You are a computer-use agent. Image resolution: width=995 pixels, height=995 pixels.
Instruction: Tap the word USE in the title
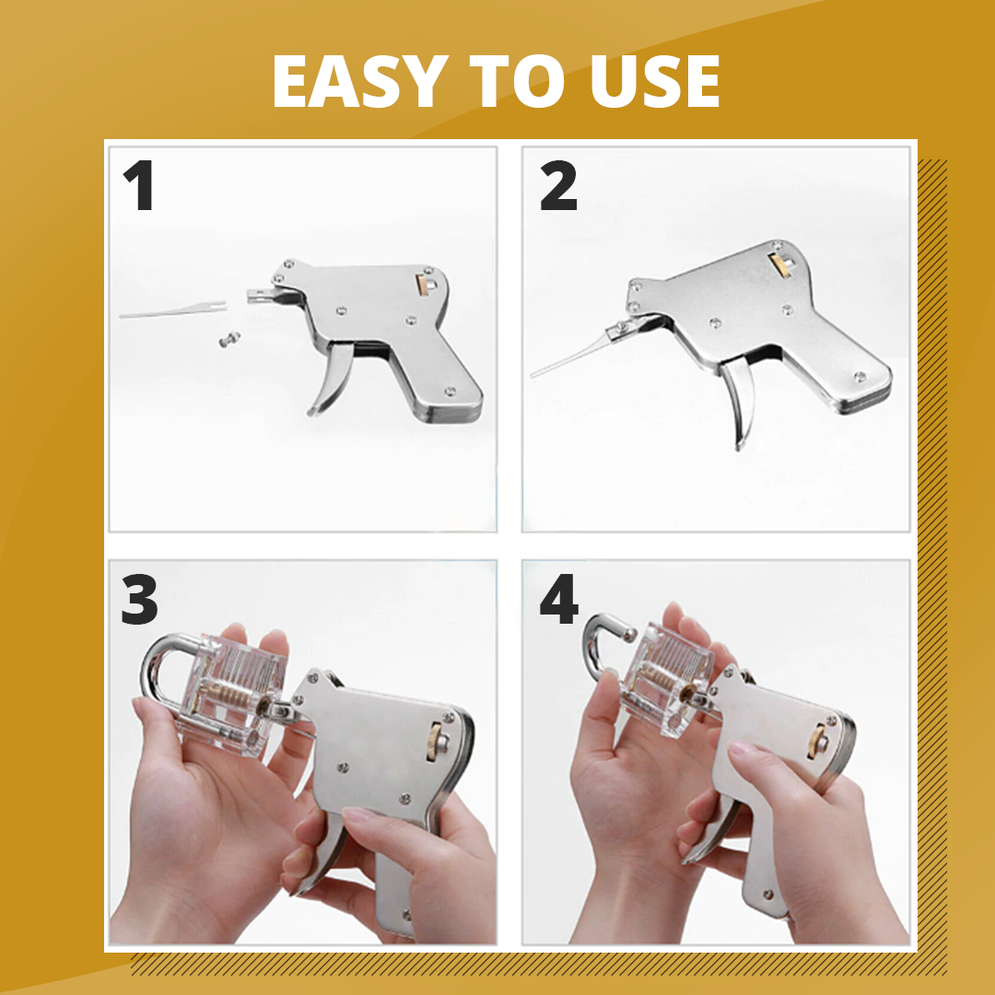(x=655, y=81)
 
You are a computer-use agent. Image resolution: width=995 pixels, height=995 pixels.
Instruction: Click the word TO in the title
(x=516, y=81)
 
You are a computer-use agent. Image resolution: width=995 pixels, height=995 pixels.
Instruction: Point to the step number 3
(x=139, y=599)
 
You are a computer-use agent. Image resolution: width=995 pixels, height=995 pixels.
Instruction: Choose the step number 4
(x=559, y=599)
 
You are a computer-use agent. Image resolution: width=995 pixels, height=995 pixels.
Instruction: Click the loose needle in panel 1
(x=172, y=309)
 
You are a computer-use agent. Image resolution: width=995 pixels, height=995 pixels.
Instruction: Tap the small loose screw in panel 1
(x=229, y=339)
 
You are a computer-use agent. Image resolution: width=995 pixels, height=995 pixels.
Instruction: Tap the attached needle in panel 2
(x=571, y=356)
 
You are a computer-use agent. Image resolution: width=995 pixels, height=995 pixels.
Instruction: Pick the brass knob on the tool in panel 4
(x=817, y=740)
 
